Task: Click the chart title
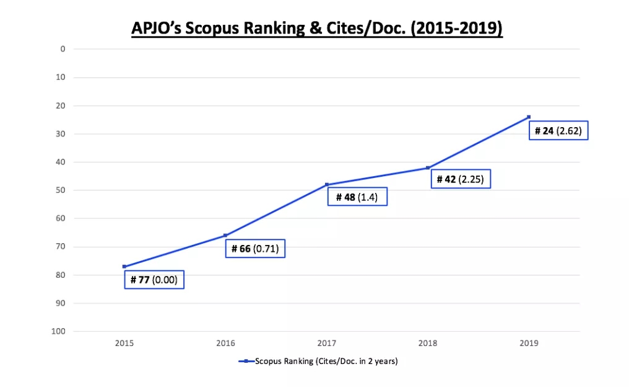(316, 29)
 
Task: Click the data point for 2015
(124, 267)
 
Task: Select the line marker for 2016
(225, 235)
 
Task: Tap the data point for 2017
(327, 185)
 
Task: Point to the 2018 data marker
(428, 168)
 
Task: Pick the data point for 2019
(529, 117)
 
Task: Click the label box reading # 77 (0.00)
(154, 280)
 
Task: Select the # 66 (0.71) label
(255, 249)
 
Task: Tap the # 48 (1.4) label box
(357, 197)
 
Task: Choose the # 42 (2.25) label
(460, 179)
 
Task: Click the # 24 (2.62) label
(558, 131)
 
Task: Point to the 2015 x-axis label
(124, 343)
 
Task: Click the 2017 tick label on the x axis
(327, 343)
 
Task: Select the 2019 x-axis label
(529, 343)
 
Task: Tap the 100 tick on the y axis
(59, 331)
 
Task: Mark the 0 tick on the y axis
(63, 49)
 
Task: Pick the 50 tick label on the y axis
(61, 190)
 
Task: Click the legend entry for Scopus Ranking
(318, 361)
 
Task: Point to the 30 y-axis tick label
(61, 134)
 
